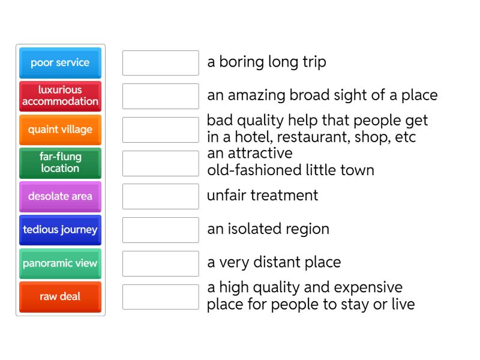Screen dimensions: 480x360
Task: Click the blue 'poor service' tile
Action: [x=61, y=63]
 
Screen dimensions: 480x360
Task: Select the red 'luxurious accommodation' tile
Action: [x=61, y=96]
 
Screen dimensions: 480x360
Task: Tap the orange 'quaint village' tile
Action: [x=61, y=130]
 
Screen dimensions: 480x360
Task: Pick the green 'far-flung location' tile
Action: [x=61, y=163]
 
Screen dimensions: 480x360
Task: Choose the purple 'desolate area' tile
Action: [x=61, y=197]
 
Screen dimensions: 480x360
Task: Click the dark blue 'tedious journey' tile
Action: [x=61, y=230]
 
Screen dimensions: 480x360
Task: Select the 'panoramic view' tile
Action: [x=61, y=263]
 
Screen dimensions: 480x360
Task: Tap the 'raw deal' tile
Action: [x=61, y=297]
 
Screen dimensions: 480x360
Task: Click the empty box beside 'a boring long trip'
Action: [x=161, y=63]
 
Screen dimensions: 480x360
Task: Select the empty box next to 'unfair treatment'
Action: [x=161, y=197]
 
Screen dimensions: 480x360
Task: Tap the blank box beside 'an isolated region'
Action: [x=161, y=230]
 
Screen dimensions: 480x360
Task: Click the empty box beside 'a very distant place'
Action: [x=161, y=263]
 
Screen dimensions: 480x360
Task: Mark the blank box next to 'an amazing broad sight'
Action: [x=161, y=96]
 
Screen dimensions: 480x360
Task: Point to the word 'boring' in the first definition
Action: [x=242, y=63]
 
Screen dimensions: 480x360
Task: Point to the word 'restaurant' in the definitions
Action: [x=313, y=137]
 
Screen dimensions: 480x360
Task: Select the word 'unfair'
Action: [x=226, y=195]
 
